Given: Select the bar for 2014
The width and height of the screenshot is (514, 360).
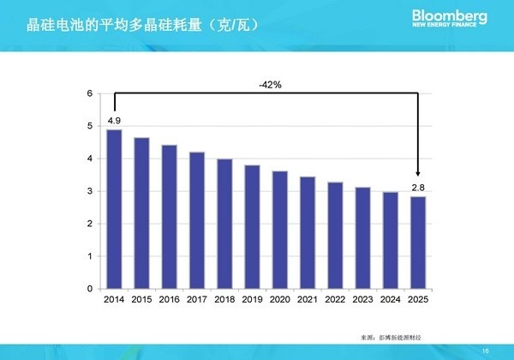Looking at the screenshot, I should [x=114, y=209].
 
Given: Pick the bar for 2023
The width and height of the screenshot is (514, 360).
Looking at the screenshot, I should [x=362, y=238].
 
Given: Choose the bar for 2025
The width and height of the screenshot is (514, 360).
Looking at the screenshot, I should [x=418, y=243].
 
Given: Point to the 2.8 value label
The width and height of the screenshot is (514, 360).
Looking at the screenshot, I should [x=418, y=187].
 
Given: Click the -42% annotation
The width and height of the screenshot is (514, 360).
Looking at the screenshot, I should [x=271, y=86].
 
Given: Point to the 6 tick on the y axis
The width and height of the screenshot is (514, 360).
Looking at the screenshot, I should [x=90, y=93].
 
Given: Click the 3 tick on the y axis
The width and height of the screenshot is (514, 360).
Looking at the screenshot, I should [x=90, y=191].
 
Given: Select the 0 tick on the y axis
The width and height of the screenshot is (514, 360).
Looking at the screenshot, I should [x=90, y=289].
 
